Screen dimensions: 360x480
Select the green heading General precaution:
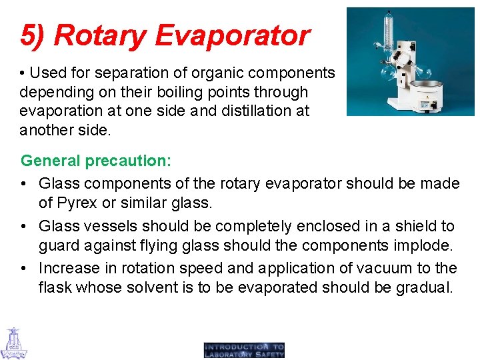[x=96, y=161]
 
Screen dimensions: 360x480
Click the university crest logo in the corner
[x=13, y=343]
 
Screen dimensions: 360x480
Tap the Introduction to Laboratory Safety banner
[x=244, y=350]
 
